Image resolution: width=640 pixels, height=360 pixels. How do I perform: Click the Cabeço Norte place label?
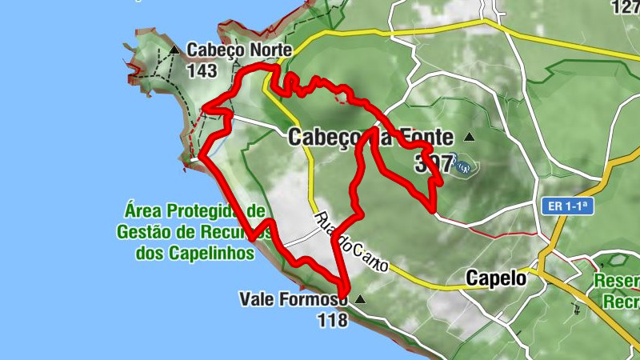coord(238,50)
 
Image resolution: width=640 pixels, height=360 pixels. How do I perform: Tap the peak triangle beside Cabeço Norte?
coord(174,50)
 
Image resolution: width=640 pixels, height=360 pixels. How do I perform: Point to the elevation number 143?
coord(201,70)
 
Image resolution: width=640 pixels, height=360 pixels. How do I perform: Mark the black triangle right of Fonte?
coord(469,137)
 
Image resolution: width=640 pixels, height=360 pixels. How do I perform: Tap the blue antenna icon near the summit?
coord(463,165)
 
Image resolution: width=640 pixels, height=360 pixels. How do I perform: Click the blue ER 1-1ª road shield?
coord(569,206)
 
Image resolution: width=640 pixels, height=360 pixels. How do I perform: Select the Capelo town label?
coord(496,278)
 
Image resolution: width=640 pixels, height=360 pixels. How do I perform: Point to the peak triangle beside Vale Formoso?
coord(359,300)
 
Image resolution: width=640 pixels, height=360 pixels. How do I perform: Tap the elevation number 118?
coord(332,320)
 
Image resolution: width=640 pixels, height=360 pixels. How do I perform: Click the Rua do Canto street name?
coord(352,244)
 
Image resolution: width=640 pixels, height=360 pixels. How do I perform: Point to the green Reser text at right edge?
coord(617,282)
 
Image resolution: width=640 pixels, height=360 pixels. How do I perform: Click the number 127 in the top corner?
coord(626,7)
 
